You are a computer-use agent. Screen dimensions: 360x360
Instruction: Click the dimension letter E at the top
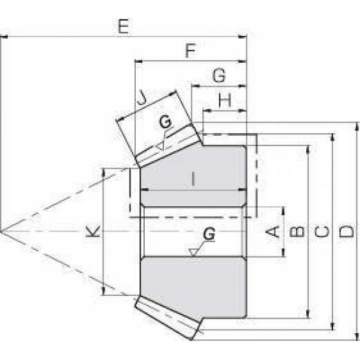(123, 27)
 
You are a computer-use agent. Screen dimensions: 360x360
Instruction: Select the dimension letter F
(190, 51)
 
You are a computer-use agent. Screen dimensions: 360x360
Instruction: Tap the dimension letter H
(225, 101)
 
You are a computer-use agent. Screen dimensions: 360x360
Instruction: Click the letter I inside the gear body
(193, 179)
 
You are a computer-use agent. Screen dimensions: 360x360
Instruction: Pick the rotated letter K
(92, 231)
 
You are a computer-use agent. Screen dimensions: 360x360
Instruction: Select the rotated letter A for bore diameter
(273, 231)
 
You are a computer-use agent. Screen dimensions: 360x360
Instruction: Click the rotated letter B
(297, 232)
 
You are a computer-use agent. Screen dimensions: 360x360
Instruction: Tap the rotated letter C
(322, 232)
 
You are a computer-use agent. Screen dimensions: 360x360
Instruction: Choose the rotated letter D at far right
(346, 232)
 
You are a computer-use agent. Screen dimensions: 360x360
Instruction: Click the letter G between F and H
(219, 75)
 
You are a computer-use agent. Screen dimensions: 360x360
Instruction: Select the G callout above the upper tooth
(166, 122)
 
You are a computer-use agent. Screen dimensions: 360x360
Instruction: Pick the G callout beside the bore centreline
(209, 234)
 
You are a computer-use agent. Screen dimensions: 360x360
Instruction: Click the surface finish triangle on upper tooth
(161, 146)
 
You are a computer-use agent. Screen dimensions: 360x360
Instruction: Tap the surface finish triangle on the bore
(193, 252)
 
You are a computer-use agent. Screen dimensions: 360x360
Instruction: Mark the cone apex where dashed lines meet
(2, 231)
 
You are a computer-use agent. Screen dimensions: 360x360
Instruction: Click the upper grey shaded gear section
(193, 176)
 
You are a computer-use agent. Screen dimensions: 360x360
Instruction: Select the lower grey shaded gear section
(193, 288)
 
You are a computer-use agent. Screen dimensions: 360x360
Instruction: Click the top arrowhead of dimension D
(357, 127)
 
